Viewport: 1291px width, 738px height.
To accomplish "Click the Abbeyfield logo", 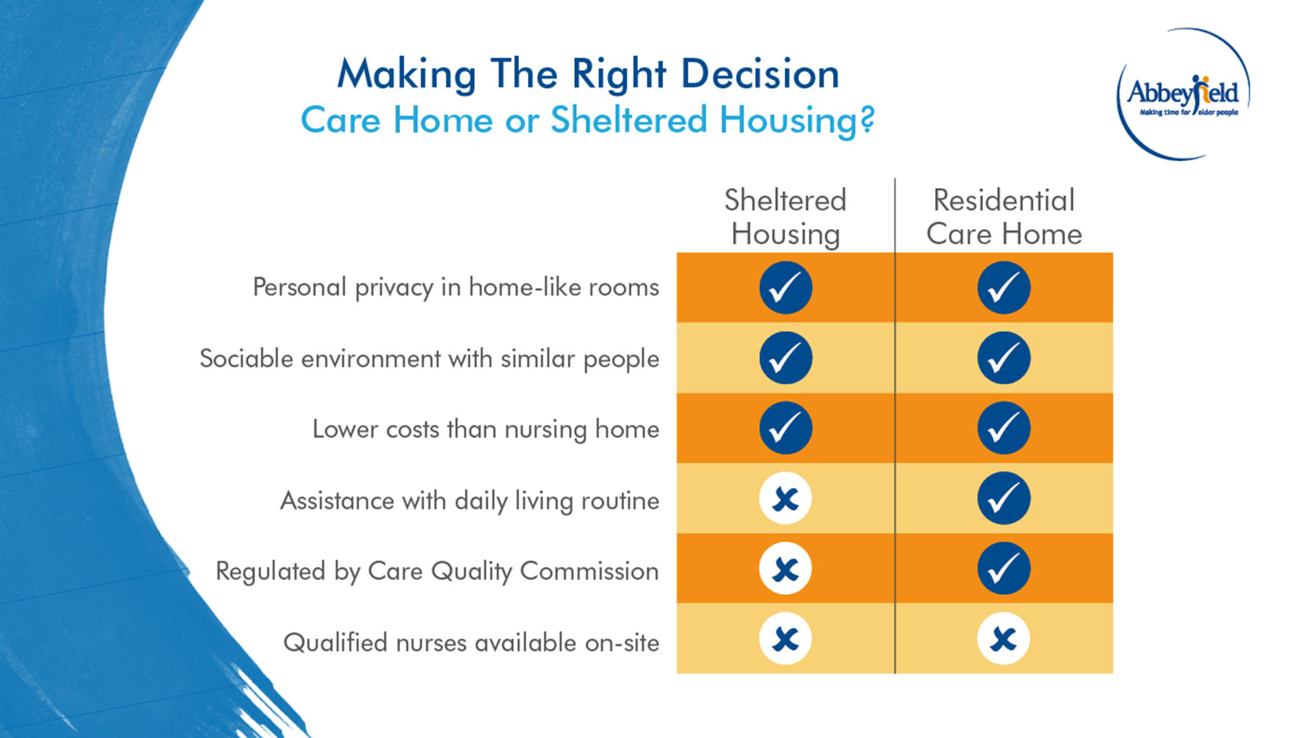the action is coord(1183,94).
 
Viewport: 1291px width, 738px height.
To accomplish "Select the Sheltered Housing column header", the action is coord(785,217).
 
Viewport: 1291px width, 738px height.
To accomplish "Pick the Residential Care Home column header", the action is coord(1004,217).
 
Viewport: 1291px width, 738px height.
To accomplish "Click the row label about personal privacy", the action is coord(456,288).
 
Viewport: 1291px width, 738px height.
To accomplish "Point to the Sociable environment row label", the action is coord(429,359).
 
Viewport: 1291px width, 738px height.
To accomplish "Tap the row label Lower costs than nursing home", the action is coord(485,429).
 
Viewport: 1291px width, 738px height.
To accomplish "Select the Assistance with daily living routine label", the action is coord(469,501).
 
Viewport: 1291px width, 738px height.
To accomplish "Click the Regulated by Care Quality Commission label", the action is coord(437,571).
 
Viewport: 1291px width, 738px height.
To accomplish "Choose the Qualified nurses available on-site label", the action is coord(471,643).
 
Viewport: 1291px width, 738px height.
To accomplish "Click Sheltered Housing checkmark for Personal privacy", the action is coord(785,288).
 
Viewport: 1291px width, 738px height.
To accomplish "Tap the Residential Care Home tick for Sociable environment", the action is coord(1004,358).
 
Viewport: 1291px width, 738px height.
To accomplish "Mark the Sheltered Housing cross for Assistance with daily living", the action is coord(785,499).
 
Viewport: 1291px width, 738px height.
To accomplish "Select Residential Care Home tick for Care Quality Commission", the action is coord(1004,569).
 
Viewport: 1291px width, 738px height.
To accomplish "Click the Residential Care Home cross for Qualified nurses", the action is coord(1004,639).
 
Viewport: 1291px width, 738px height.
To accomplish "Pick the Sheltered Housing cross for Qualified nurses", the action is coord(785,639).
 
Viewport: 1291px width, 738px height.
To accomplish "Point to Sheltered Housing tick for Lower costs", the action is coord(785,428).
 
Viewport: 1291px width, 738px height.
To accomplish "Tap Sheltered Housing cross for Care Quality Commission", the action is coord(785,569).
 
